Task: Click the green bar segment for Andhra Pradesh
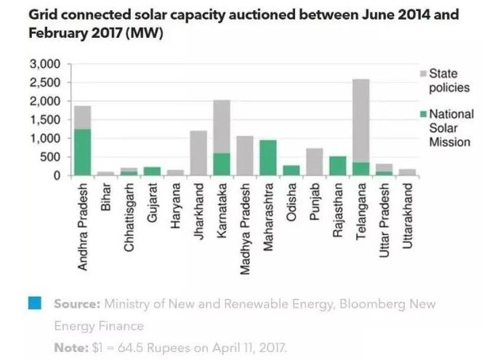coord(83,152)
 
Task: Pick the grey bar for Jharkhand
coord(198,153)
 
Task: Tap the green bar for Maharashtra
coord(268,158)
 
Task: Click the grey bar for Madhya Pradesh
coord(245,156)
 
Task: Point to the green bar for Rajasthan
coord(338,166)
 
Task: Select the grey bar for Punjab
coord(315,161)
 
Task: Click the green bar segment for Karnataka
coord(222,164)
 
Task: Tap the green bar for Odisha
coord(291,170)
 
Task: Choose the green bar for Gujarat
coord(153,171)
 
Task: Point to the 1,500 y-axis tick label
coord(45,120)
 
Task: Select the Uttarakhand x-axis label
coord(408,211)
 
